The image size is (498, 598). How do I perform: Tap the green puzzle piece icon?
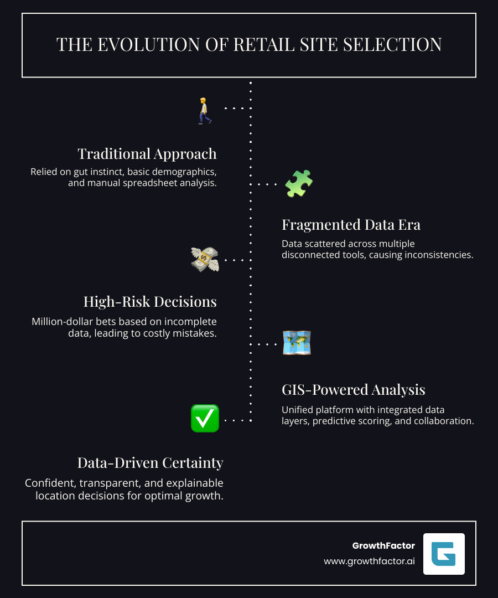point(299,184)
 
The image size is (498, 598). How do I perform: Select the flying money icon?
point(205,259)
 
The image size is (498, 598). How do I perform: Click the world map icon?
point(297,343)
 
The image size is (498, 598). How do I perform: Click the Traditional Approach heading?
point(147,153)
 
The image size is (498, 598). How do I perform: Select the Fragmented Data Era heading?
point(351,225)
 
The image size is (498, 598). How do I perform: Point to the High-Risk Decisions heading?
point(150,302)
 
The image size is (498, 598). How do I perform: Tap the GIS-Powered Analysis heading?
point(354,390)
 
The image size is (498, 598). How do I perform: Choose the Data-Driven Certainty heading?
point(150,463)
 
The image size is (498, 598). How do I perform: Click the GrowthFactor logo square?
point(444,554)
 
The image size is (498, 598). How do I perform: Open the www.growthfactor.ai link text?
point(370,561)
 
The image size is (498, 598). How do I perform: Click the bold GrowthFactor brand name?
point(383,546)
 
